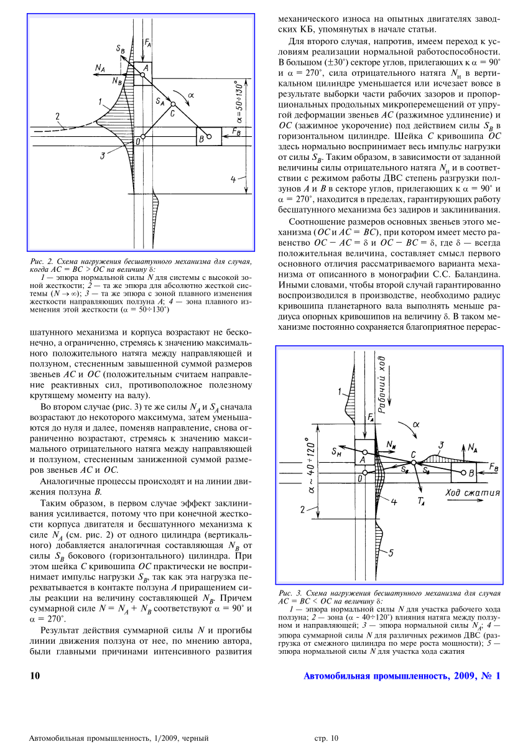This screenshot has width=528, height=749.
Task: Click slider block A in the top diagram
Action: (x=142, y=70)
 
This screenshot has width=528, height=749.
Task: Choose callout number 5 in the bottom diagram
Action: (x=390, y=552)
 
